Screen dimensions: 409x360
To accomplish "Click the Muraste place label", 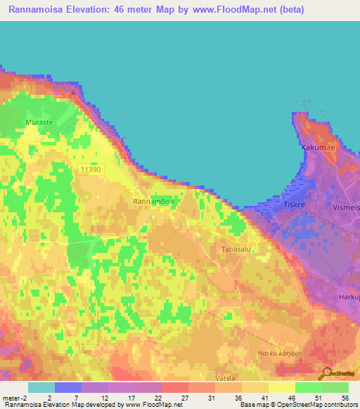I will pyautogui.click(x=39, y=123).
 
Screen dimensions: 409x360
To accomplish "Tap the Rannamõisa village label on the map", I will pyautogui.click(x=153, y=202).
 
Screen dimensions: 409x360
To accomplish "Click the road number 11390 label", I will pyautogui.click(x=91, y=169).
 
